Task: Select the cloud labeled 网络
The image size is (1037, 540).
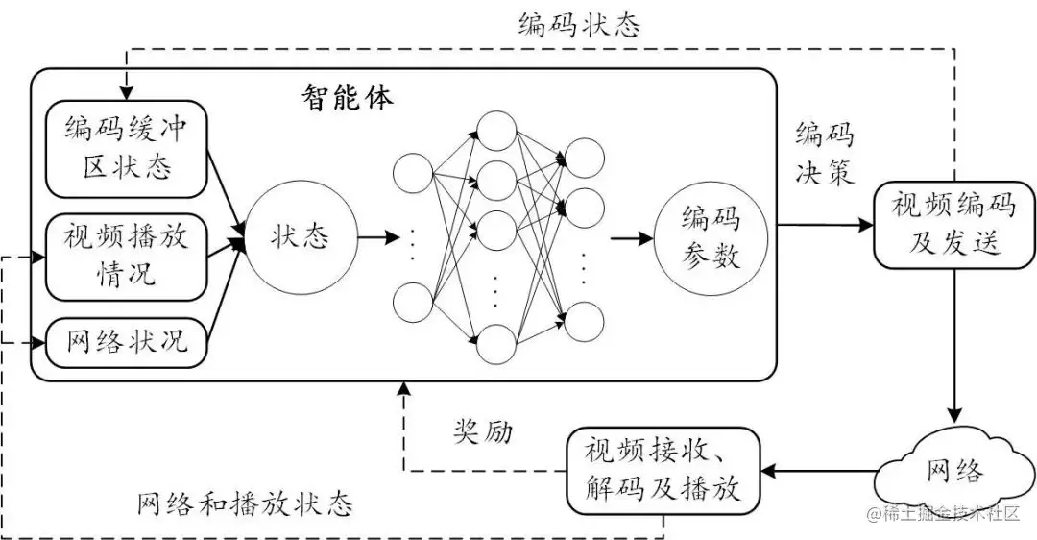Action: pyautogui.click(x=954, y=469)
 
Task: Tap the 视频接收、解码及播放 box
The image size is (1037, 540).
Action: pyautogui.click(x=662, y=471)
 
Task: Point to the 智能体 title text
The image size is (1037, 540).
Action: pyautogui.click(x=347, y=97)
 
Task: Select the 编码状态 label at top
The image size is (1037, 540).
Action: pyautogui.click(x=578, y=25)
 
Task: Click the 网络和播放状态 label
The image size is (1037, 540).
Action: pyautogui.click(x=245, y=503)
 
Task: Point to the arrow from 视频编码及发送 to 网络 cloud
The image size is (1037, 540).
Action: pyautogui.click(x=954, y=346)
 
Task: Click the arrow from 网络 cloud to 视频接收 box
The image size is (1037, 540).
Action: pyautogui.click(x=820, y=471)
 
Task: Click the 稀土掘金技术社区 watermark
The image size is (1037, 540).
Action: pyautogui.click(x=946, y=515)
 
